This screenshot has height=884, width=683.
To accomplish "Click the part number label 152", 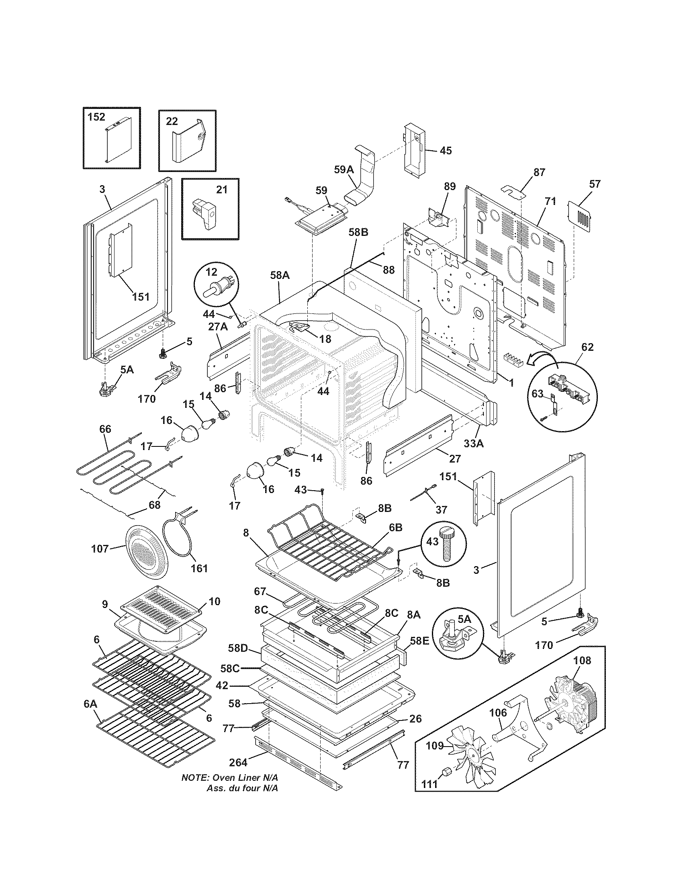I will coord(96,117).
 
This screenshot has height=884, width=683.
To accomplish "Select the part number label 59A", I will coord(344,170).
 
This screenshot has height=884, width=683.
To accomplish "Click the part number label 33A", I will coord(473,443).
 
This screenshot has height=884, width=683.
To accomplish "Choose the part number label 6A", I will coord(90,715).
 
